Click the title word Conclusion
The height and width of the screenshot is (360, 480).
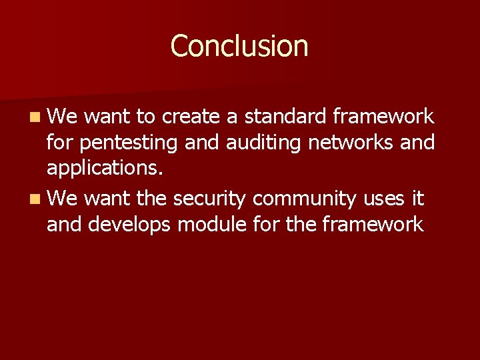pyautogui.click(x=239, y=46)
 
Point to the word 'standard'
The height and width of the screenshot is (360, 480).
pyautogui.click(x=285, y=117)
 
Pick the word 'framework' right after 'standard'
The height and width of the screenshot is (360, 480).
pyautogui.click(x=384, y=117)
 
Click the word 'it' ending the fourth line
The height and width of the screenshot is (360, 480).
pyautogui.click(x=418, y=198)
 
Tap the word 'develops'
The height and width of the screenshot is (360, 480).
pyautogui.click(x=131, y=225)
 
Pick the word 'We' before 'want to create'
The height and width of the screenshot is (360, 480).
pyautogui.click(x=63, y=117)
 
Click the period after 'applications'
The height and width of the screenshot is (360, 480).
pyautogui.click(x=159, y=175)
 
